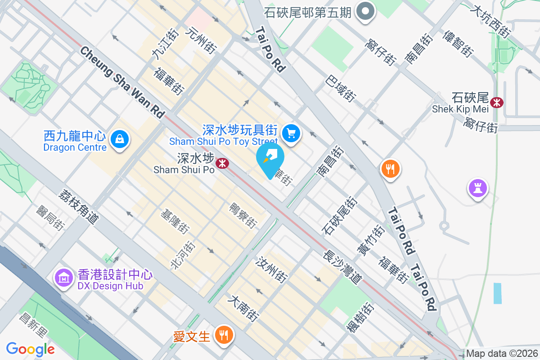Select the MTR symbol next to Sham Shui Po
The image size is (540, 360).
[222, 163]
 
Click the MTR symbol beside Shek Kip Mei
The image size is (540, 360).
[497, 103]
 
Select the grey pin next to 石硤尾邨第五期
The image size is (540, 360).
[365, 11]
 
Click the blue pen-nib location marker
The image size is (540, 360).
[270, 158]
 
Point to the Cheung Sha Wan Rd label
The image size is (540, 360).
[122, 82]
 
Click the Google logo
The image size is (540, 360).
[30, 349]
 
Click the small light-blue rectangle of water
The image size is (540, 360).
[497, 293]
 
